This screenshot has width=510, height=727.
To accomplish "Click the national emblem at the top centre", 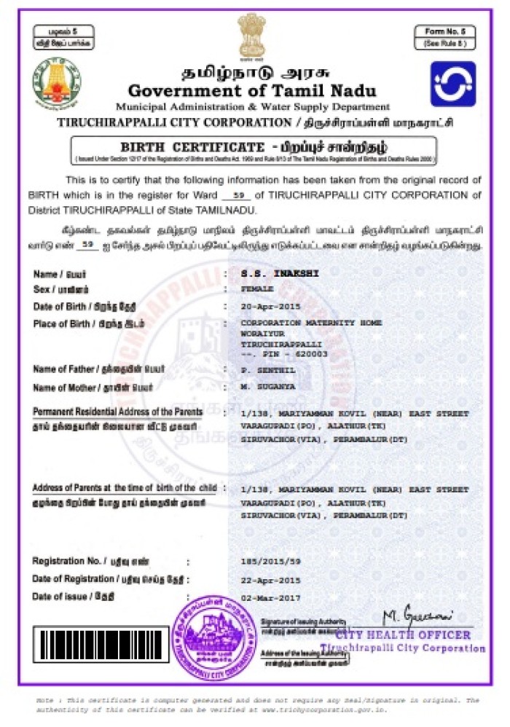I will click(251, 36).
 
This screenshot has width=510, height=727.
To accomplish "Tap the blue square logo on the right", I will click(452, 84).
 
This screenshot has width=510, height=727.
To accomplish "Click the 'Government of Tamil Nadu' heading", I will click(252, 91).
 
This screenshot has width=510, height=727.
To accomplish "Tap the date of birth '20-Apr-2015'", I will click(270, 306).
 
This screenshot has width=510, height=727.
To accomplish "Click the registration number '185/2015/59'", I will click(270, 562).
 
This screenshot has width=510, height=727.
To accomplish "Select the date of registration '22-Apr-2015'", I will click(270, 580).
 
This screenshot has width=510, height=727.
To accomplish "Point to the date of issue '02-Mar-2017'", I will click(270, 597).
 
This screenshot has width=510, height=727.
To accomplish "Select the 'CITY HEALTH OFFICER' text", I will click(414, 634).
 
